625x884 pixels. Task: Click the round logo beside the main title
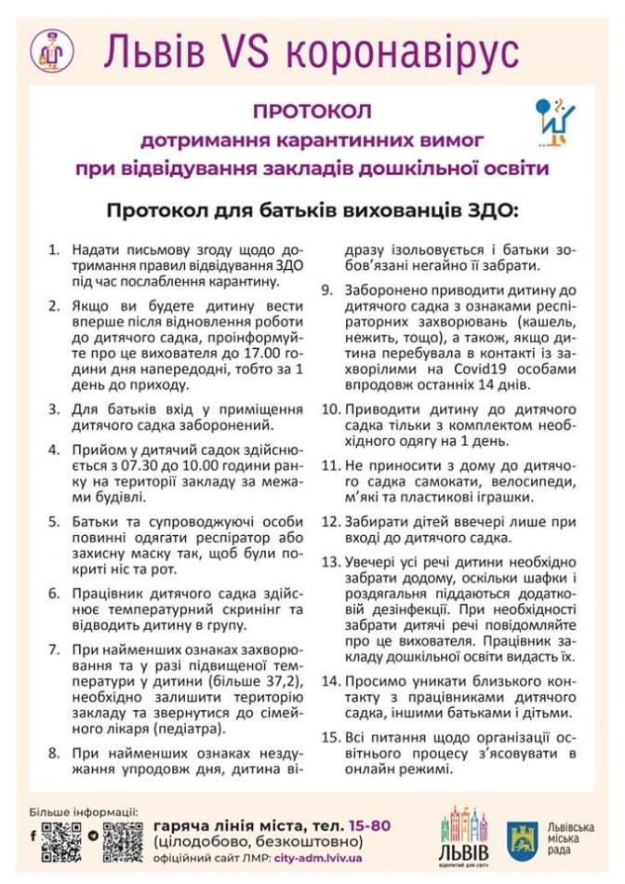52,50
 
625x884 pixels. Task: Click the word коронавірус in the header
401,52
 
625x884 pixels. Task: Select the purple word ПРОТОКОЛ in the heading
312,112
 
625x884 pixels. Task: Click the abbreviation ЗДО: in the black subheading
490,209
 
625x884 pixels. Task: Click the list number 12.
330,521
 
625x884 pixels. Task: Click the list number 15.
330,737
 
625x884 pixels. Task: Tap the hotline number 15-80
371,825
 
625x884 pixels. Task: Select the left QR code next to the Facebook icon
62,841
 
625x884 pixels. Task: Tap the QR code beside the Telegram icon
123,841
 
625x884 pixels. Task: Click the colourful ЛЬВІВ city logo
463,835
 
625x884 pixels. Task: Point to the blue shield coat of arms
522,839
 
